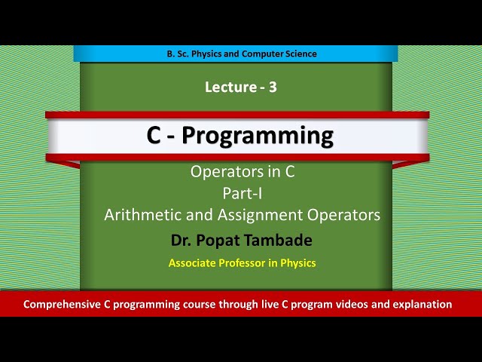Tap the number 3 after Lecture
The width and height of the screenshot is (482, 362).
[x=273, y=87]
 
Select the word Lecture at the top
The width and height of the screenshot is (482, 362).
[x=230, y=87]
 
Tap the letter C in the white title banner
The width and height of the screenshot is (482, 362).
[x=155, y=136]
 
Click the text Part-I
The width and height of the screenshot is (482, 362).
[x=241, y=193]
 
